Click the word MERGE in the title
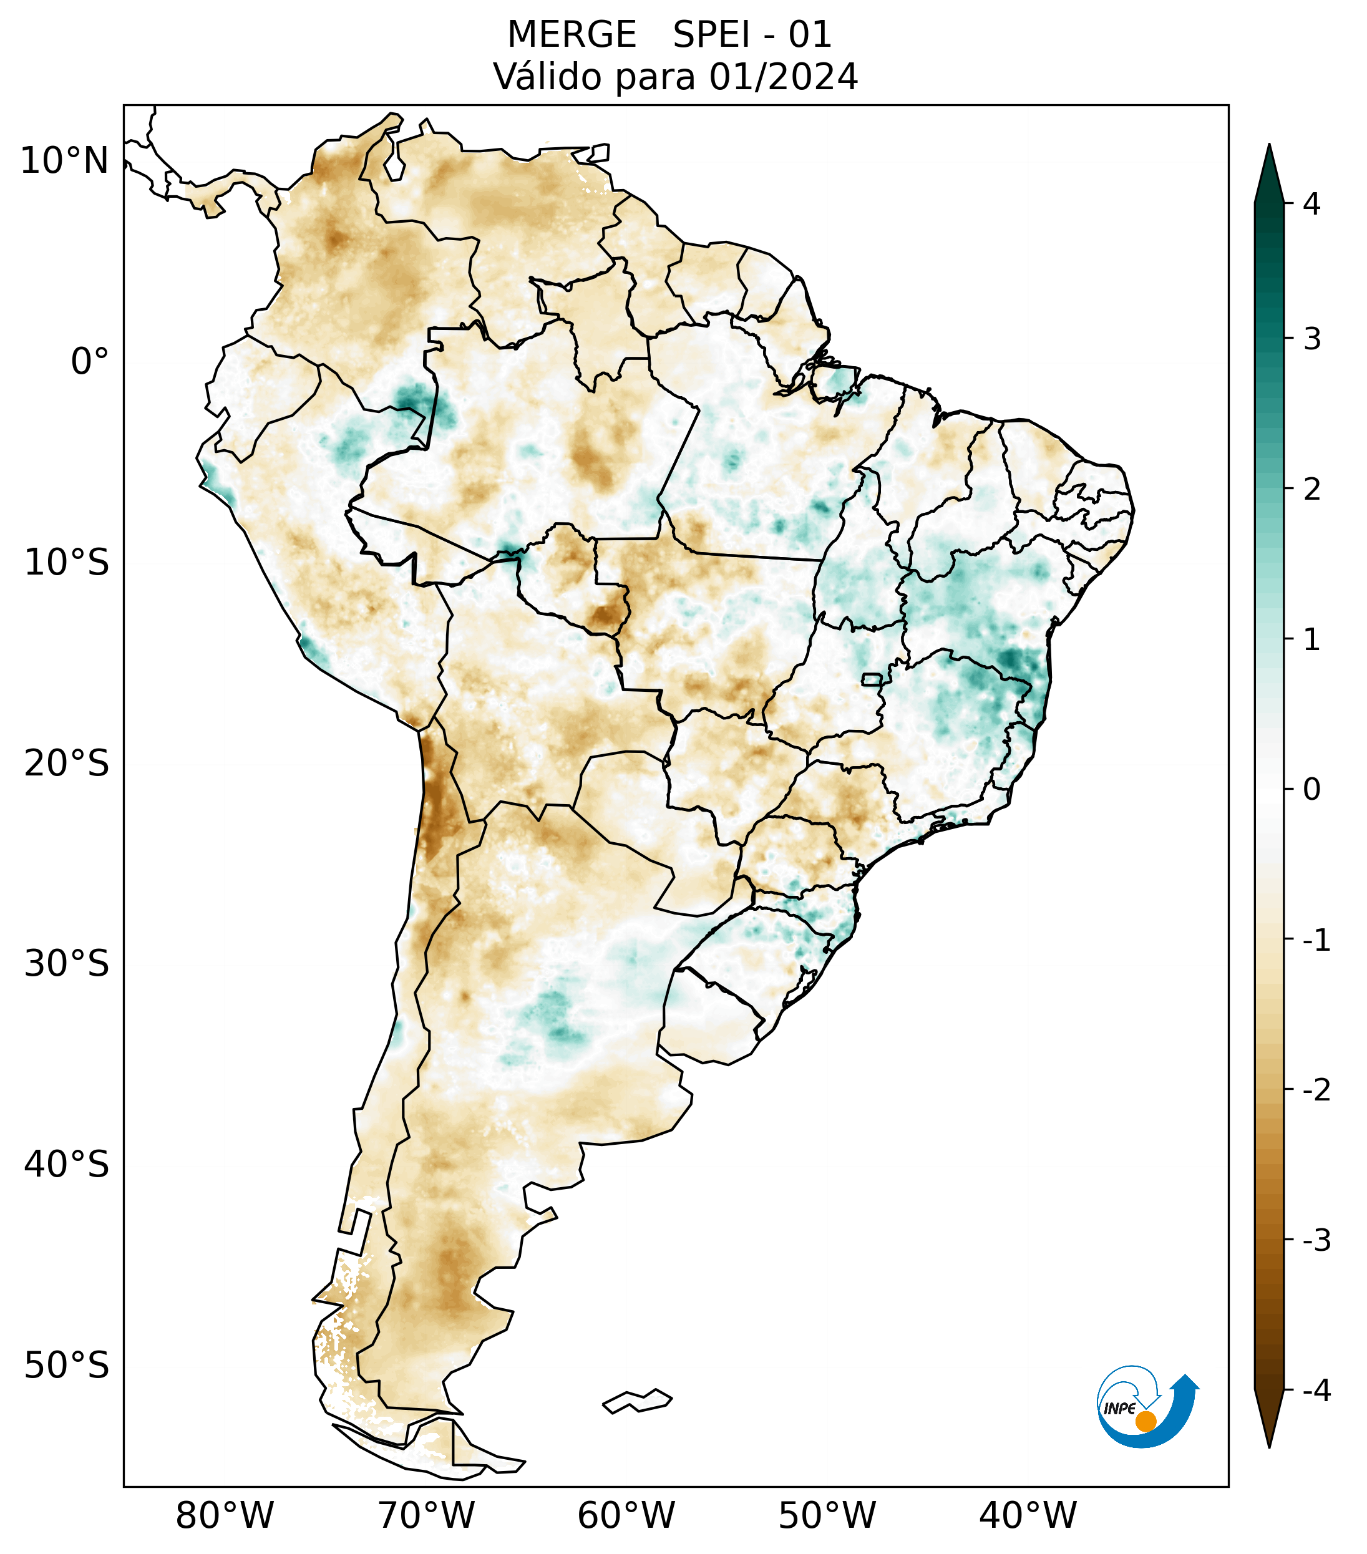click(x=572, y=35)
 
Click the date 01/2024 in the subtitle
click(x=784, y=77)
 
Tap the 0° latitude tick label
click(x=90, y=362)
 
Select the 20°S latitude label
click(x=67, y=764)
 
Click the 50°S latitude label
click(x=67, y=1366)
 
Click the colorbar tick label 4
click(x=1311, y=204)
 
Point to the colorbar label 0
click(x=1311, y=790)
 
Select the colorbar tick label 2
click(x=1311, y=490)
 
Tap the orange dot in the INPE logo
click(x=1146, y=1421)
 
